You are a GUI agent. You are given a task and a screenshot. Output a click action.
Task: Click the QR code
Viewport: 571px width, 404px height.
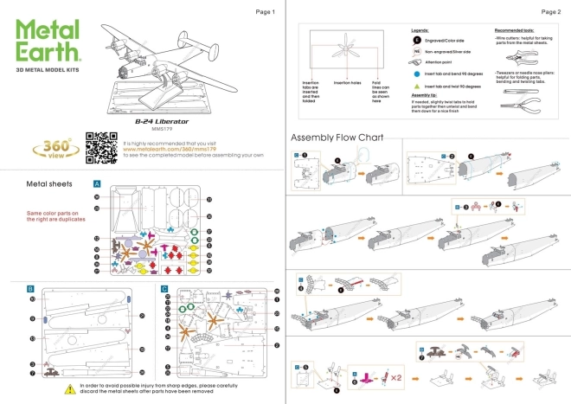[x=99, y=147]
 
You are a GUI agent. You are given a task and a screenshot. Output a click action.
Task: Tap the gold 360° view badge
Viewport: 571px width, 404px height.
[x=53, y=146]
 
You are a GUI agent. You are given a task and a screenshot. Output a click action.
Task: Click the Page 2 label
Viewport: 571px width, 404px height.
[x=550, y=12]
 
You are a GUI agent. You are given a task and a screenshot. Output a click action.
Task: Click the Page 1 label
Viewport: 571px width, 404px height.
[x=266, y=12]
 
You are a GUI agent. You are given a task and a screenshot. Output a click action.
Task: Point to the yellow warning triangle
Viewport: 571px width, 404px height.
[x=69, y=389]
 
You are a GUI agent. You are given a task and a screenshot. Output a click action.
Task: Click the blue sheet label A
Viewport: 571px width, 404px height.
[x=97, y=184]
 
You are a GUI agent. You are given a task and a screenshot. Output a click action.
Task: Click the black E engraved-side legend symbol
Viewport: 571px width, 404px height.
[x=417, y=40]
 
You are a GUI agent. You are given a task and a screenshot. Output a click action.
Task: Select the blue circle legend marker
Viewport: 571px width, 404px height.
[x=416, y=75]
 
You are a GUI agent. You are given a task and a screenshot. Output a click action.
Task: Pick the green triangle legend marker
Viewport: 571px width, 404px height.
[x=416, y=87]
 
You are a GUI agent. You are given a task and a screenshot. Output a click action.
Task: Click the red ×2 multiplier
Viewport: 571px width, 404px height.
[x=396, y=378]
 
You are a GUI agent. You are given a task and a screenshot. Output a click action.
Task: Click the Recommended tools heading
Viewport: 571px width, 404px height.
[x=518, y=29]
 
